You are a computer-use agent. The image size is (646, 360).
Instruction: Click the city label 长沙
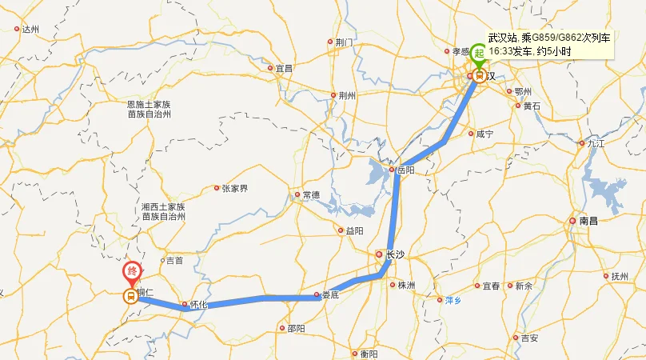395,255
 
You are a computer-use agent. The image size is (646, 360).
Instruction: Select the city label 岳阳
405,170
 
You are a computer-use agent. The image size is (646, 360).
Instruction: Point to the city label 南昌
589,220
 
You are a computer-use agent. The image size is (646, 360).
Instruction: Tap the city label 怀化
197,305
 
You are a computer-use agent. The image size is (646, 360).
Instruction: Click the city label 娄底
331,294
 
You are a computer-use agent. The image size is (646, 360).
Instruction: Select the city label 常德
310,194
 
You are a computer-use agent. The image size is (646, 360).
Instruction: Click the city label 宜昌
284,68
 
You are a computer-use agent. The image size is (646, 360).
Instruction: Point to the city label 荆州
346,95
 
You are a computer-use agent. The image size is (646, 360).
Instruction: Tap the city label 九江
596,144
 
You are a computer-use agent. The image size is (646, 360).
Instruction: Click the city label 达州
30,30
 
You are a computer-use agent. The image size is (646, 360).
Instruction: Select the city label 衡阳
369,354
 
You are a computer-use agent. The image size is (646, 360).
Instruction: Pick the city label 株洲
405,286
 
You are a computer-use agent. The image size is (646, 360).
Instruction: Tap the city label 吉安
529,338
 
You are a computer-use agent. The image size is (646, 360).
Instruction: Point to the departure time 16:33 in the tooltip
500,50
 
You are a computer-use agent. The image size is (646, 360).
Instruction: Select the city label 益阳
354,230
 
